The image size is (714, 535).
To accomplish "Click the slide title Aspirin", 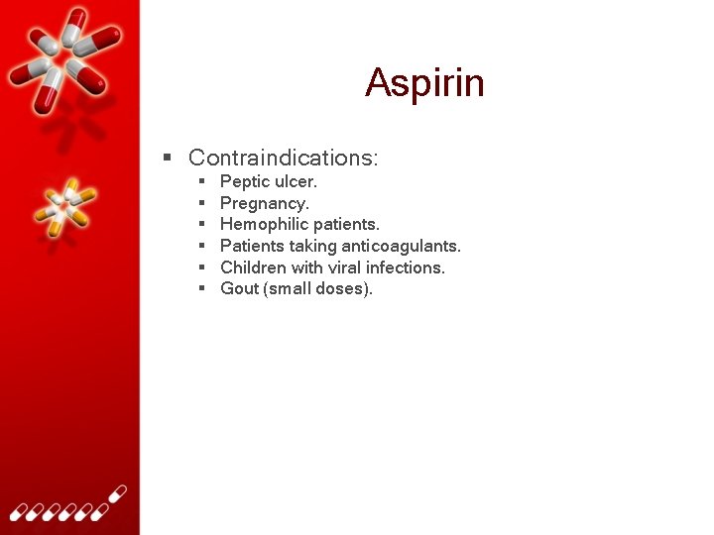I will click(x=424, y=82).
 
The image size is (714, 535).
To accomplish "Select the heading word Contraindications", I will click(x=283, y=158).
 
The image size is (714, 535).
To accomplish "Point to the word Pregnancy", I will click(x=264, y=204).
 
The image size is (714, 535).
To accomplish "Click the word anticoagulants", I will click(x=401, y=246).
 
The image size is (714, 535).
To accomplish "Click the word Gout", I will click(x=239, y=289).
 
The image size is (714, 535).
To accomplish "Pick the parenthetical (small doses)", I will click(x=318, y=289).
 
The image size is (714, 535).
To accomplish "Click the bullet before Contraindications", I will click(x=169, y=158).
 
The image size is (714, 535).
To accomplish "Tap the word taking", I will click(x=312, y=246).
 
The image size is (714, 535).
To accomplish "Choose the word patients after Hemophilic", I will click(x=346, y=225).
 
